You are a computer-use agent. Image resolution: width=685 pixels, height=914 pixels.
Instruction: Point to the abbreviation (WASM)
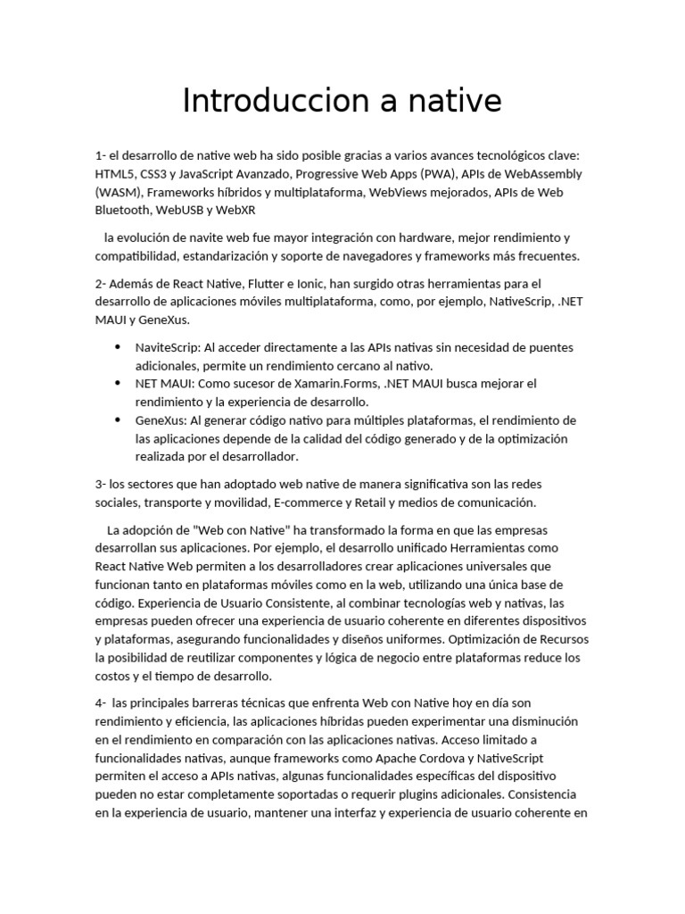click(118, 192)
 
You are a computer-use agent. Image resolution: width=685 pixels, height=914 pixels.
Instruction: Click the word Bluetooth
click(122, 211)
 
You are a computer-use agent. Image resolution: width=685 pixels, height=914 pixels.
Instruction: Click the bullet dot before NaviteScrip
click(118, 347)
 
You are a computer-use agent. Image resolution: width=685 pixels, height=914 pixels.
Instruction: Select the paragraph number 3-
click(101, 484)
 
